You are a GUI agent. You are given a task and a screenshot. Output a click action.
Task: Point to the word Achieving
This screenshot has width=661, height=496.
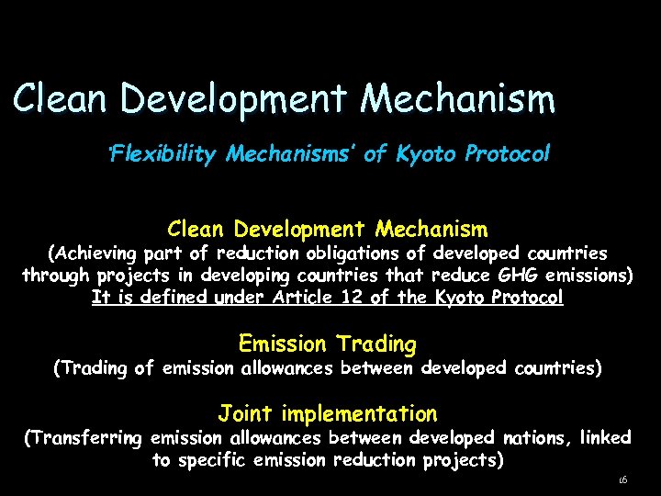95,253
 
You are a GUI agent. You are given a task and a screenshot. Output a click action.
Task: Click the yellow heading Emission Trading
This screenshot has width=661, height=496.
327,344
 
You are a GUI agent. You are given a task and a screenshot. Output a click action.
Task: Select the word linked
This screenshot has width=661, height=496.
607,438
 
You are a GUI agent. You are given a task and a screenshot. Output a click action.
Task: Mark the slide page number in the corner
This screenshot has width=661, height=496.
622,479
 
